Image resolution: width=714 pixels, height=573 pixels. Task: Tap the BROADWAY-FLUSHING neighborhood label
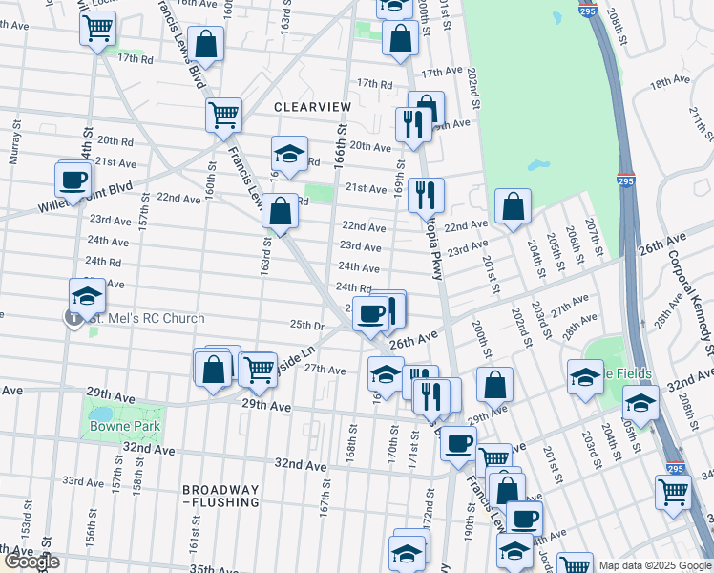220,495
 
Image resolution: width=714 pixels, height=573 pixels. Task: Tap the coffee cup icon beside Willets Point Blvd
74,180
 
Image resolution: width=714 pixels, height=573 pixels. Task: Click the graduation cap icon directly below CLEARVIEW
289,153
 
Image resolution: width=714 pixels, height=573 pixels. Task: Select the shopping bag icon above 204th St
513,205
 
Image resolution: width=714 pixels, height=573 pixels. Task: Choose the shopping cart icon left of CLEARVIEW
223,115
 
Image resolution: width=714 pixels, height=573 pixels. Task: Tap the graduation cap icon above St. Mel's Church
87,295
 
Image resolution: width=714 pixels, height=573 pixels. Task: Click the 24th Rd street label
353,287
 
